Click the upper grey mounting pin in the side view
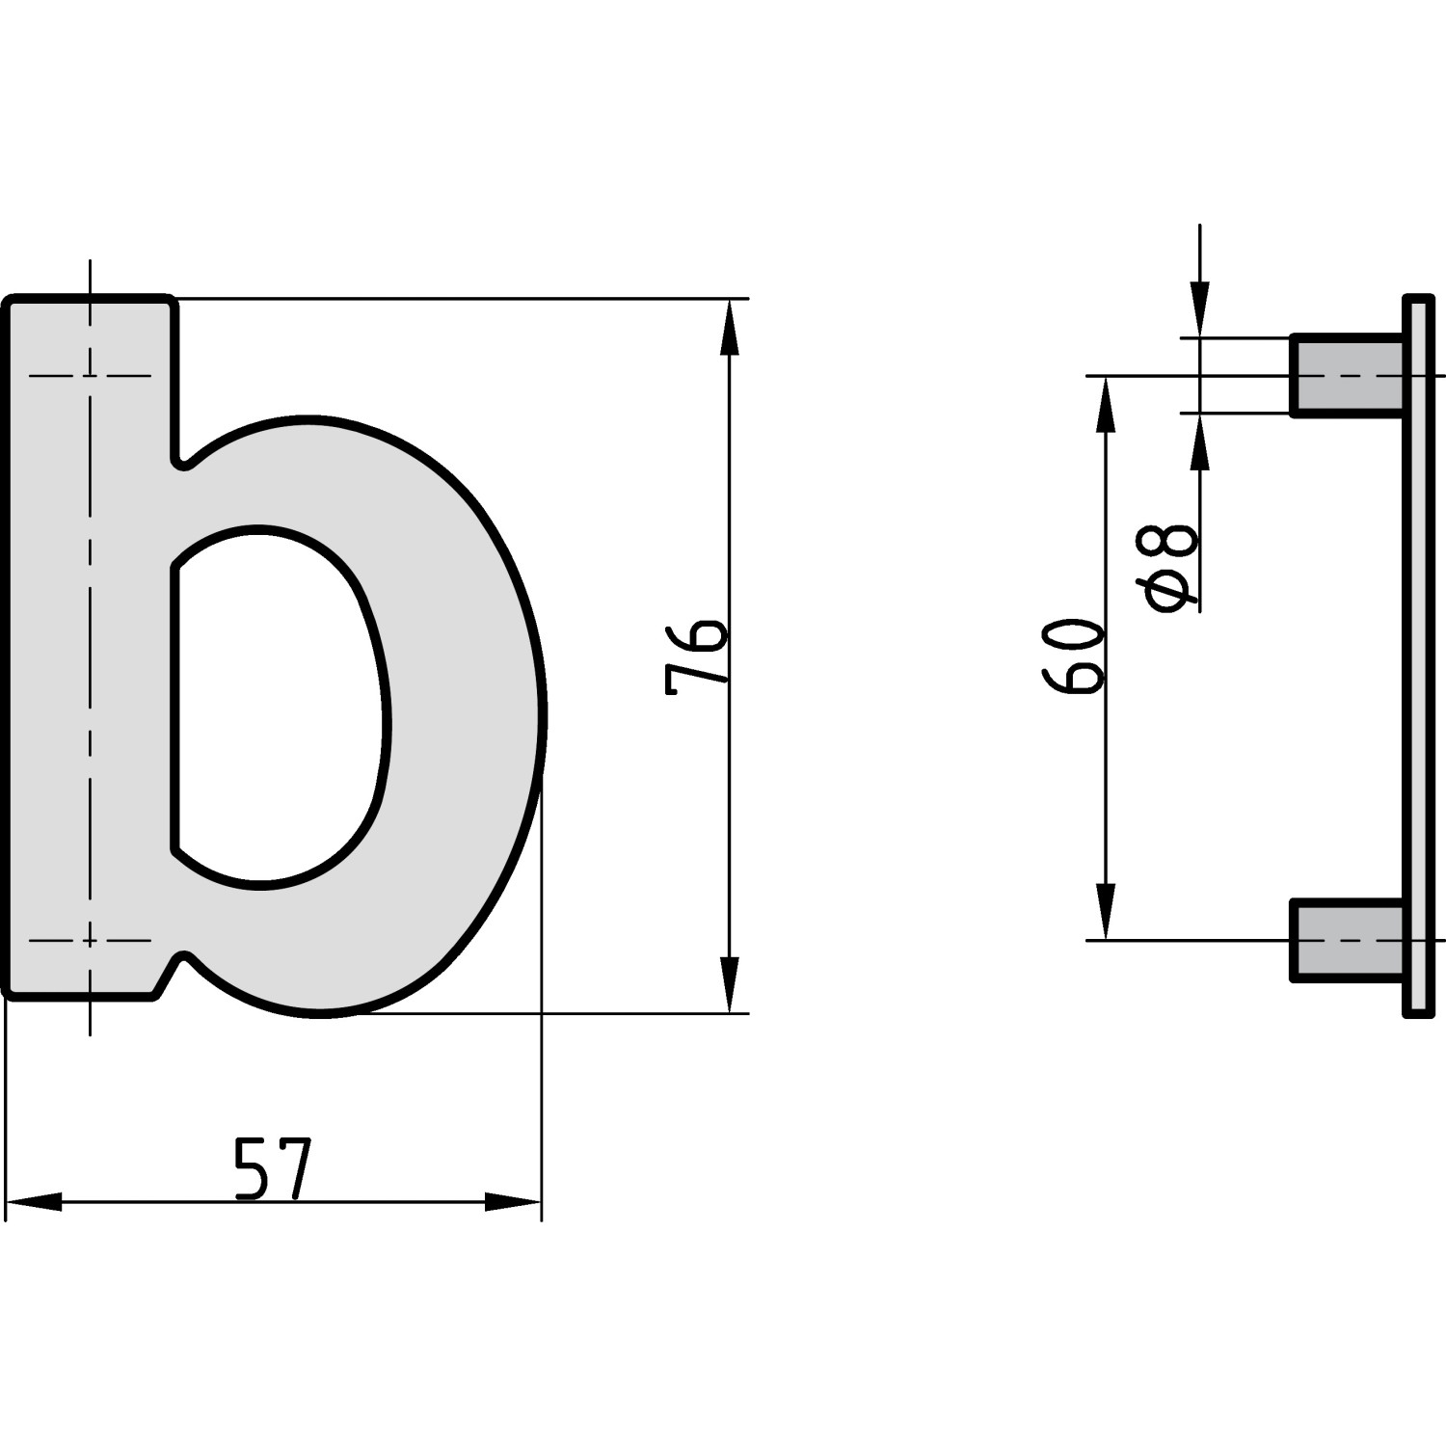click(1346, 375)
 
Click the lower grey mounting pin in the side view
click(1346, 940)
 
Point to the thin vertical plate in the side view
click(1417, 656)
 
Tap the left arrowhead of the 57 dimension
click(34, 1202)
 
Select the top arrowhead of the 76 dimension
click(730, 328)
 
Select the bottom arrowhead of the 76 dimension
click(730, 983)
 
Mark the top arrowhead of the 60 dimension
click(1106, 405)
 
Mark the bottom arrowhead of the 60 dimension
click(1106, 911)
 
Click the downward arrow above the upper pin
click(1200, 308)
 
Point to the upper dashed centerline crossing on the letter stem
click(90, 375)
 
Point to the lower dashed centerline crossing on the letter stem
click(90, 940)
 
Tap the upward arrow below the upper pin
click(1200, 443)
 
